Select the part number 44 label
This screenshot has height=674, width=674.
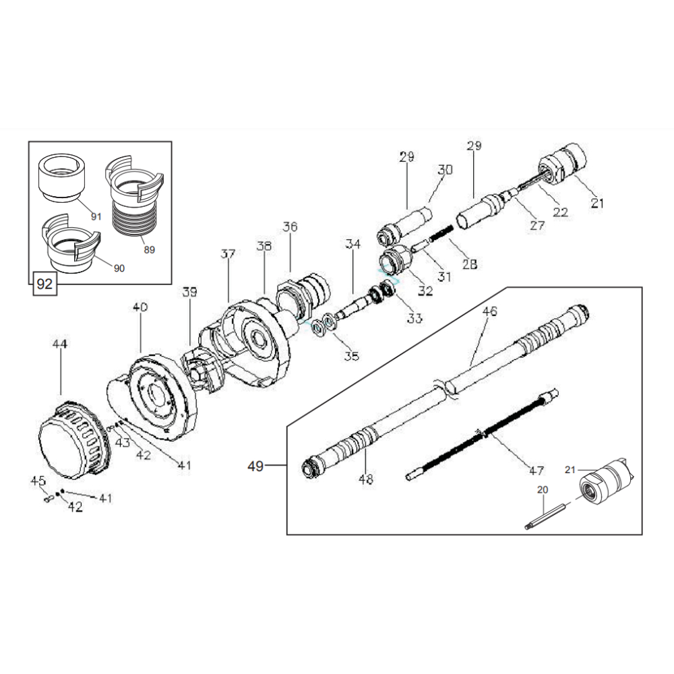pyautogui.click(x=60, y=344)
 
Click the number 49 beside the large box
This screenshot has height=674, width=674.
pyautogui.click(x=255, y=464)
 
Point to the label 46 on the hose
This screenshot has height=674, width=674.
pyautogui.click(x=490, y=311)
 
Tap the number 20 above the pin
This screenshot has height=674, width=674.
pyautogui.click(x=543, y=490)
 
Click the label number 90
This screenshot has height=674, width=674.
pyautogui.click(x=119, y=268)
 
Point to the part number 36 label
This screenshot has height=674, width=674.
pyautogui.click(x=290, y=227)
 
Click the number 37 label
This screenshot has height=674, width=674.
pyautogui.click(x=228, y=254)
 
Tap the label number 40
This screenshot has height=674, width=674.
pyautogui.click(x=140, y=307)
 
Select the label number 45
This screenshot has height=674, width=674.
pyautogui.click(x=38, y=481)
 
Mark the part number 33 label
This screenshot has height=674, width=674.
pyautogui.click(x=415, y=317)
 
